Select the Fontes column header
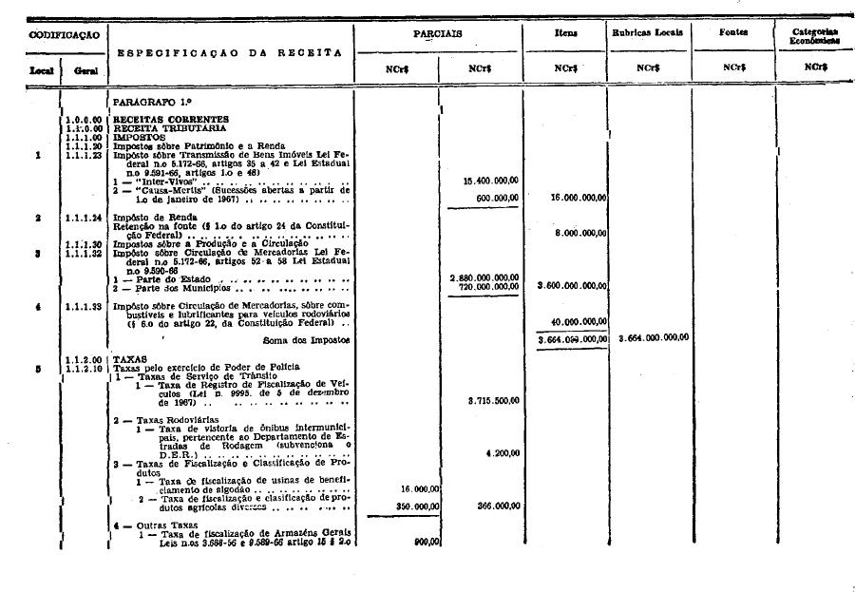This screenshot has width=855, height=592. (x=733, y=32)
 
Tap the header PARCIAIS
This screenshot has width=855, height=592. (x=437, y=32)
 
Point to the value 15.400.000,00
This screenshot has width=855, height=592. (x=491, y=180)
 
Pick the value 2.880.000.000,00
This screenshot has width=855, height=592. (x=484, y=277)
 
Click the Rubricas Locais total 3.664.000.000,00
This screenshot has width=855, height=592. (x=654, y=337)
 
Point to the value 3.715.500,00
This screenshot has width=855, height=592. (x=490, y=401)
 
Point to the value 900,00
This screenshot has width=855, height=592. (x=425, y=542)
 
